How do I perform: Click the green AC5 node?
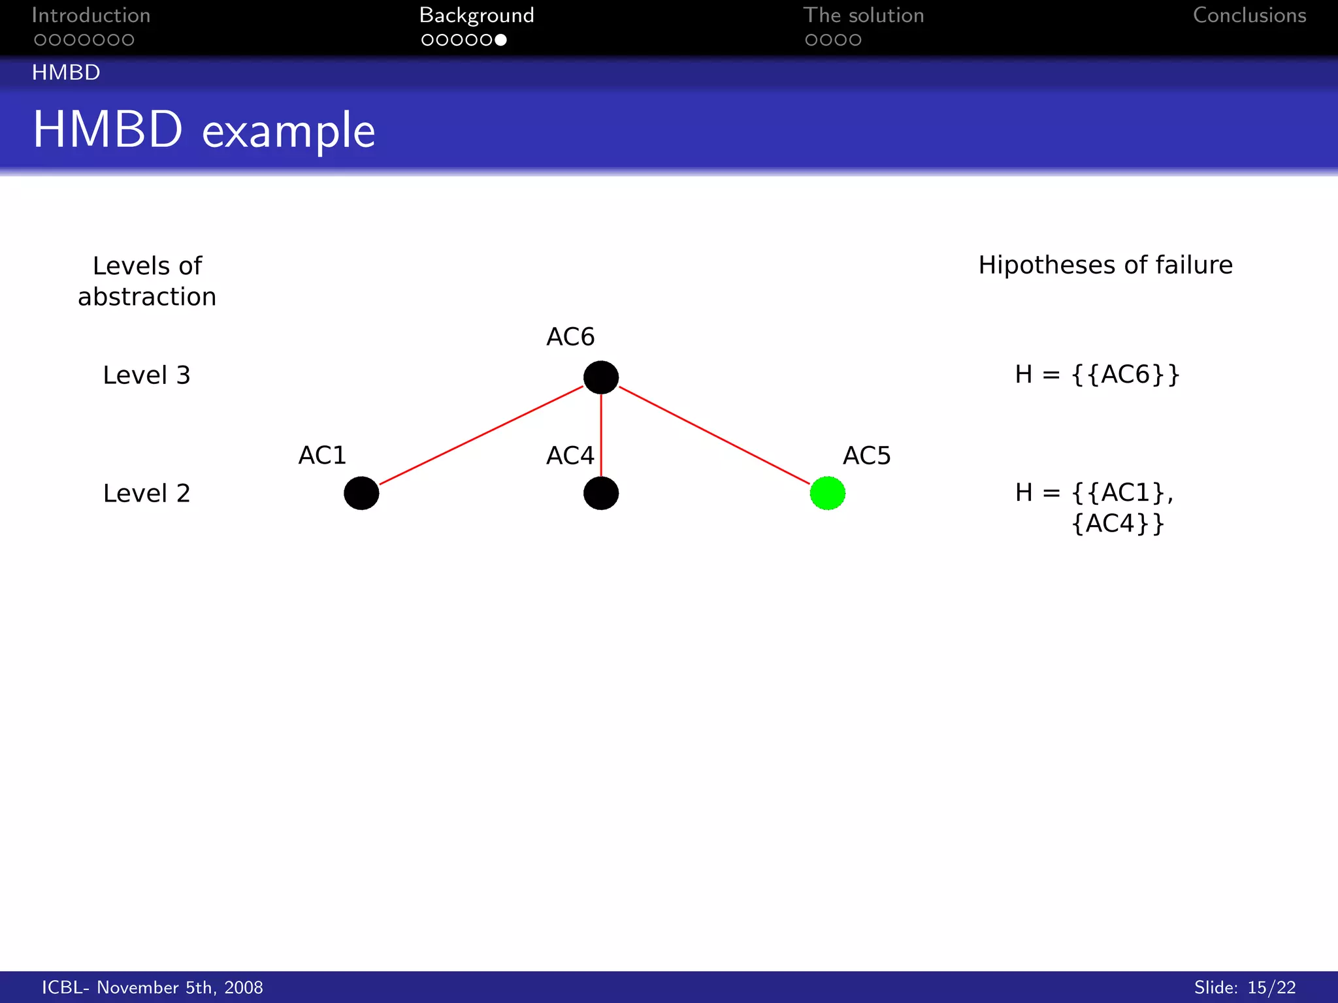[x=827, y=493]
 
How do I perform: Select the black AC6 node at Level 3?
[x=600, y=377]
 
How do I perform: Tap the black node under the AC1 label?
[x=361, y=493]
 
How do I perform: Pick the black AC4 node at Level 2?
[x=600, y=493]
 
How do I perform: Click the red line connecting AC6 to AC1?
[x=481, y=435]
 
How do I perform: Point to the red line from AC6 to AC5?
[x=714, y=435]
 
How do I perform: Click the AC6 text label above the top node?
[x=570, y=337]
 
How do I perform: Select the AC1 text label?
[x=322, y=455]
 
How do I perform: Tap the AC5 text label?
[x=866, y=455]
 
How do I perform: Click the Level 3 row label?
[x=146, y=375]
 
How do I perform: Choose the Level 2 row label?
[x=146, y=494]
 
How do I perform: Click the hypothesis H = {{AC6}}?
[x=1097, y=375]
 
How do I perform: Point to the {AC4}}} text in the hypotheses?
[x=1118, y=524]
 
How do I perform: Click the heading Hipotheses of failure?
[x=1105, y=265]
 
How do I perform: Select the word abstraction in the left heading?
[x=147, y=297]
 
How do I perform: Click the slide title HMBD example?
[x=204, y=130]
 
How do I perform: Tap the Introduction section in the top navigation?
[x=91, y=15]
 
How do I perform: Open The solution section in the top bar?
[x=863, y=15]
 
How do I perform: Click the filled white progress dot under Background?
[x=500, y=40]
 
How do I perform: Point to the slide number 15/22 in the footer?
[x=1271, y=987]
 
